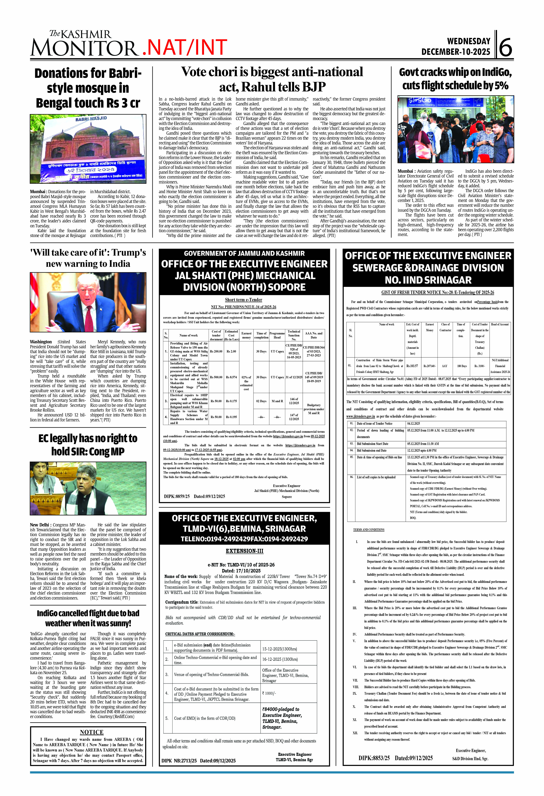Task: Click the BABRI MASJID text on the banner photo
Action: click(x=91, y=119)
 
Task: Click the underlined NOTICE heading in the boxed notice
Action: click(x=91, y=732)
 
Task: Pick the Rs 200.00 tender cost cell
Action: click(x=216, y=351)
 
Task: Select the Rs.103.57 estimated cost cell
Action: click(x=412, y=366)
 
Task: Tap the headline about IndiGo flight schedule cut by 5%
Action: click(x=455, y=79)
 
